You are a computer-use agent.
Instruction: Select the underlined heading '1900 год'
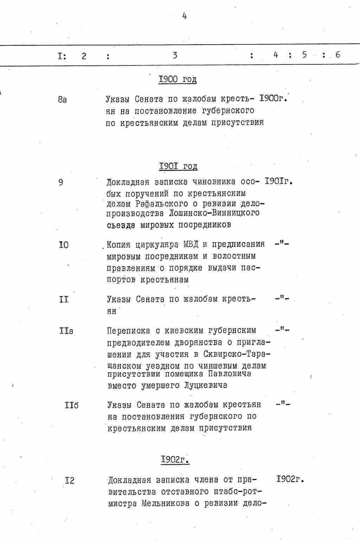(x=178, y=79)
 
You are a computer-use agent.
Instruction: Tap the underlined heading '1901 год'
(x=178, y=166)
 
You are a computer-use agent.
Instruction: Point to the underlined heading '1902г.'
(x=175, y=459)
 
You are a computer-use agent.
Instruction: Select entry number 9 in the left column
(x=61, y=182)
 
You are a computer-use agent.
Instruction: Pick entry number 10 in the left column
(x=64, y=245)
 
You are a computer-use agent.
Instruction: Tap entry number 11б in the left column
(x=71, y=405)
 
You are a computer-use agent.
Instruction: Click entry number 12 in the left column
(x=70, y=480)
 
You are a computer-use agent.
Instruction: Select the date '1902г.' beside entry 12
(x=290, y=479)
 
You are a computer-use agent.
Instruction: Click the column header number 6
(x=337, y=55)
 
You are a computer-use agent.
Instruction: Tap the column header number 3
(x=175, y=55)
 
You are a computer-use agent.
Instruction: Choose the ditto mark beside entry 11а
(x=282, y=330)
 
